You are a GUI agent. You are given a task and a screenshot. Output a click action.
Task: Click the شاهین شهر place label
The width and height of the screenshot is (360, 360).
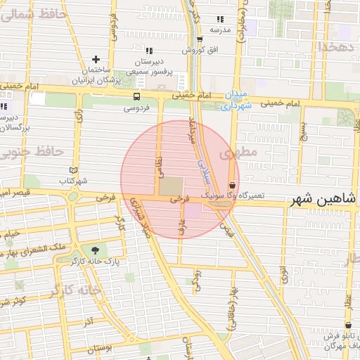(x=321, y=200)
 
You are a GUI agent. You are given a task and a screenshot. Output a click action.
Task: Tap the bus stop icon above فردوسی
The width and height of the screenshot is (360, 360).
(x=136, y=97)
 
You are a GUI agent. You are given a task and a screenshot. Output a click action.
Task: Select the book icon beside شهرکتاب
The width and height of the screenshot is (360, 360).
(x=74, y=170)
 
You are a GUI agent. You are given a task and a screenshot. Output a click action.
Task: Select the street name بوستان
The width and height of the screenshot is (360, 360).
(x=102, y=348)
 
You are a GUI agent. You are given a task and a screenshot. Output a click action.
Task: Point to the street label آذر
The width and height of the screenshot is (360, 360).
(x=89, y=322)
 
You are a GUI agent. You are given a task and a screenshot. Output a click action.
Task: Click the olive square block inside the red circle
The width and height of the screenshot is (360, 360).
(x=169, y=186)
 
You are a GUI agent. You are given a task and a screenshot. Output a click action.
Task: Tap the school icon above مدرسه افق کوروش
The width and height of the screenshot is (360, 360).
(x=220, y=19)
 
